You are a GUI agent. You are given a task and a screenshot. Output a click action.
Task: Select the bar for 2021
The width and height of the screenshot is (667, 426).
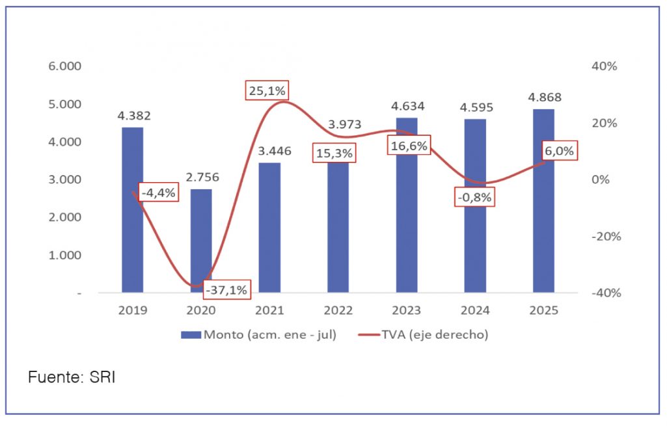pyautogui.click(x=269, y=228)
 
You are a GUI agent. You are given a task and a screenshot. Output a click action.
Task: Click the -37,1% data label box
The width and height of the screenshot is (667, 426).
pyautogui.click(x=226, y=290)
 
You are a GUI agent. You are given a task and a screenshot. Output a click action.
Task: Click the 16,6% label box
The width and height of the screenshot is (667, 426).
pyautogui.click(x=409, y=146)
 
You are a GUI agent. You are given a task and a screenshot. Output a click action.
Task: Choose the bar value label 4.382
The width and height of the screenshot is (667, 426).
pyautogui.click(x=134, y=116)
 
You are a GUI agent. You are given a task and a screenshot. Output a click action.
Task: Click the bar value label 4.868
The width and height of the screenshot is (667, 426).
pyautogui.click(x=545, y=98)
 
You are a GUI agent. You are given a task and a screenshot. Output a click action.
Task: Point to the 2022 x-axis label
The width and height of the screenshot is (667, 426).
pyautogui.click(x=338, y=310)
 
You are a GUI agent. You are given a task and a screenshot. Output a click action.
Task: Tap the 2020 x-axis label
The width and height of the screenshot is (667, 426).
pyautogui.click(x=201, y=310)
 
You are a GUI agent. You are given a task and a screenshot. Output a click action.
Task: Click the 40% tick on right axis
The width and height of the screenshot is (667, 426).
pyautogui.click(x=605, y=66)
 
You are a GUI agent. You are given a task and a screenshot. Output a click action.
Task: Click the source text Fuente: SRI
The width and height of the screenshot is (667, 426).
pyautogui.click(x=72, y=377)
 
